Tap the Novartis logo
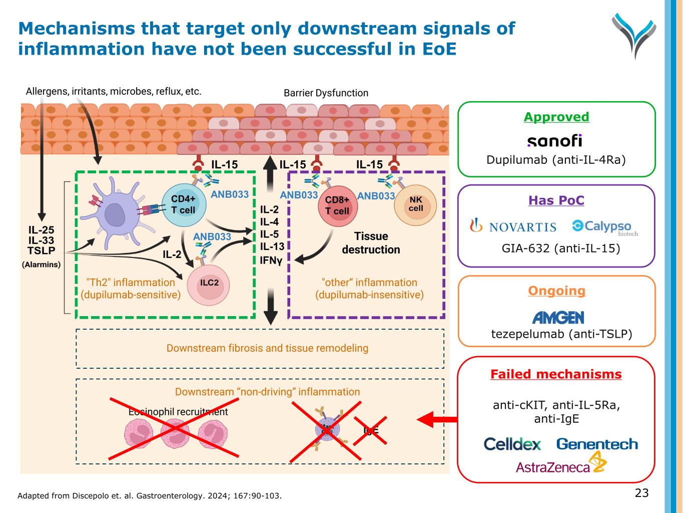click(513, 226)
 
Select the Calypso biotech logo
click(604, 227)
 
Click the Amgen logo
click(558, 317)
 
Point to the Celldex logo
click(512, 444)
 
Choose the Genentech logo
click(597, 444)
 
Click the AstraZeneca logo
click(560, 464)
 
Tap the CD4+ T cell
click(184, 205)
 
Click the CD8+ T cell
click(337, 206)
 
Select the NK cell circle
click(415, 205)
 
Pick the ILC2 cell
click(209, 283)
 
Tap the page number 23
click(641, 493)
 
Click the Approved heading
click(556, 117)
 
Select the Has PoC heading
click(556, 200)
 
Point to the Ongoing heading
click(556, 291)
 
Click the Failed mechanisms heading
click(556, 374)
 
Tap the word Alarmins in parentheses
click(41, 265)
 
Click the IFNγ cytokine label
click(271, 261)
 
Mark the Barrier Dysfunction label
click(326, 93)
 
